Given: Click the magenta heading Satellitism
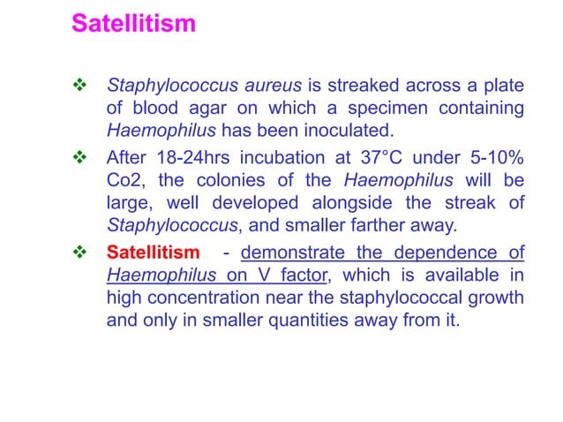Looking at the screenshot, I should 133,23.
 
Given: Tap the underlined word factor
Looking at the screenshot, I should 304,277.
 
